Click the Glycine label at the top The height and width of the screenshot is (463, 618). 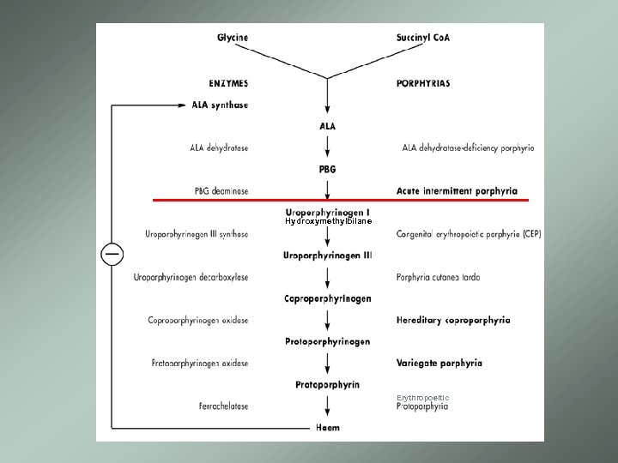(232, 38)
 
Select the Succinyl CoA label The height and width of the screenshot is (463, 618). (423, 38)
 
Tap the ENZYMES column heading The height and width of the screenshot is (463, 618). (228, 83)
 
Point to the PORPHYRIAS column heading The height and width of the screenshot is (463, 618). (423, 83)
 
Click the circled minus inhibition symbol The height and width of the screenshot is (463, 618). (112, 255)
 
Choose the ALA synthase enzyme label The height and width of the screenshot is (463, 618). (219, 105)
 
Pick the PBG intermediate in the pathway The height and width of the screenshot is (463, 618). (327, 169)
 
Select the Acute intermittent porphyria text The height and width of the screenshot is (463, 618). (457, 190)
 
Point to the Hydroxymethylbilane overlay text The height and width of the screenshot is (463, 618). (328, 221)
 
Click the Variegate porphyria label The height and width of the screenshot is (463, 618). (439, 363)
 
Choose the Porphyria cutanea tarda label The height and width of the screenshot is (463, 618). (438, 277)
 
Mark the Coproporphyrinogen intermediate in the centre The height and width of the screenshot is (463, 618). (327, 298)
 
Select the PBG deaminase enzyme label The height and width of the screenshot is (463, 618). (221, 190)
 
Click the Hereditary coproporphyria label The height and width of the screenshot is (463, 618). (453, 320)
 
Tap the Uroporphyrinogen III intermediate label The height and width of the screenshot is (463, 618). (327, 255)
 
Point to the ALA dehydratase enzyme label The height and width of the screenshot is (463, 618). (219, 147)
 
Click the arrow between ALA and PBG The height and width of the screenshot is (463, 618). (327, 147)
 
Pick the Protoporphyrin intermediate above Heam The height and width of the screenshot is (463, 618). (327, 384)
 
